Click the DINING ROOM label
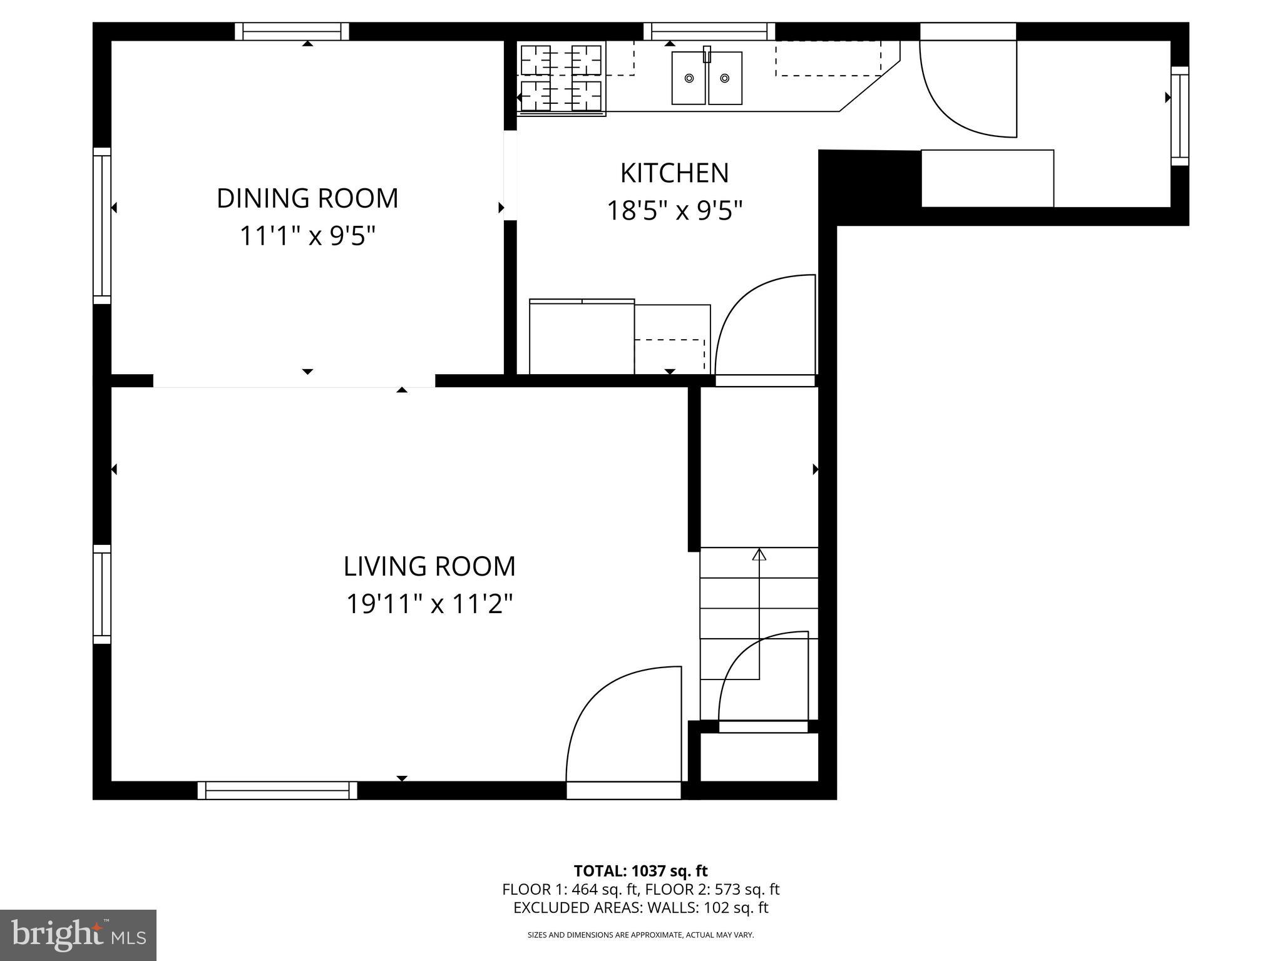(x=307, y=198)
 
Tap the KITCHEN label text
(x=675, y=173)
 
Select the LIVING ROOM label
(x=429, y=566)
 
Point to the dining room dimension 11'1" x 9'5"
(x=307, y=236)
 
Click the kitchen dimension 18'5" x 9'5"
(x=675, y=211)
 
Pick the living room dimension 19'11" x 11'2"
(x=429, y=604)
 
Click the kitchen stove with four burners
(x=562, y=78)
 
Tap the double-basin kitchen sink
(x=707, y=78)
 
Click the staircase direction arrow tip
(x=759, y=549)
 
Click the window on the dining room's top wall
(x=292, y=31)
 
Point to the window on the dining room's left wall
(x=102, y=225)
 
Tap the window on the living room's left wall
(x=102, y=594)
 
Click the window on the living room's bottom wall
(x=277, y=790)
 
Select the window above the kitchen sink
(x=709, y=31)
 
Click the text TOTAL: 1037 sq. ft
(x=640, y=871)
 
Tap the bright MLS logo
(x=78, y=935)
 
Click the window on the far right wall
(x=1180, y=116)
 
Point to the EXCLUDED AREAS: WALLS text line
(x=640, y=908)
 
